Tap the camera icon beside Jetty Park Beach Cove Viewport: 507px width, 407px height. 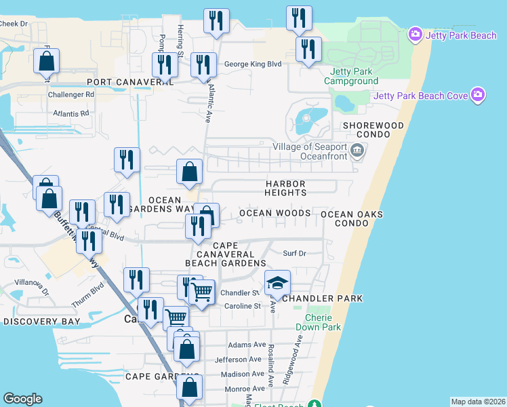(478, 95)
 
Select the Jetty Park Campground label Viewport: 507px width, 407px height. (350, 76)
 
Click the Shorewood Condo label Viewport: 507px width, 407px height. (373, 130)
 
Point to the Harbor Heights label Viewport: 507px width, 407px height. (285, 189)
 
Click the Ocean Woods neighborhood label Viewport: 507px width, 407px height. (275, 213)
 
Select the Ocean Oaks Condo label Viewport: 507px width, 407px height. (352, 218)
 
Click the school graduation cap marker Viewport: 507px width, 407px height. (277, 284)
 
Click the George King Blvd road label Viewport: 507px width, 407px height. (252, 65)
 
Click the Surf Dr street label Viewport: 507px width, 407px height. (295, 254)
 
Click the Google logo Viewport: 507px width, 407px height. (22, 399)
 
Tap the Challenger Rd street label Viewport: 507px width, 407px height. (70, 95)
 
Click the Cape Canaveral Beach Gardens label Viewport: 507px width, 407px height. (226, 254)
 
